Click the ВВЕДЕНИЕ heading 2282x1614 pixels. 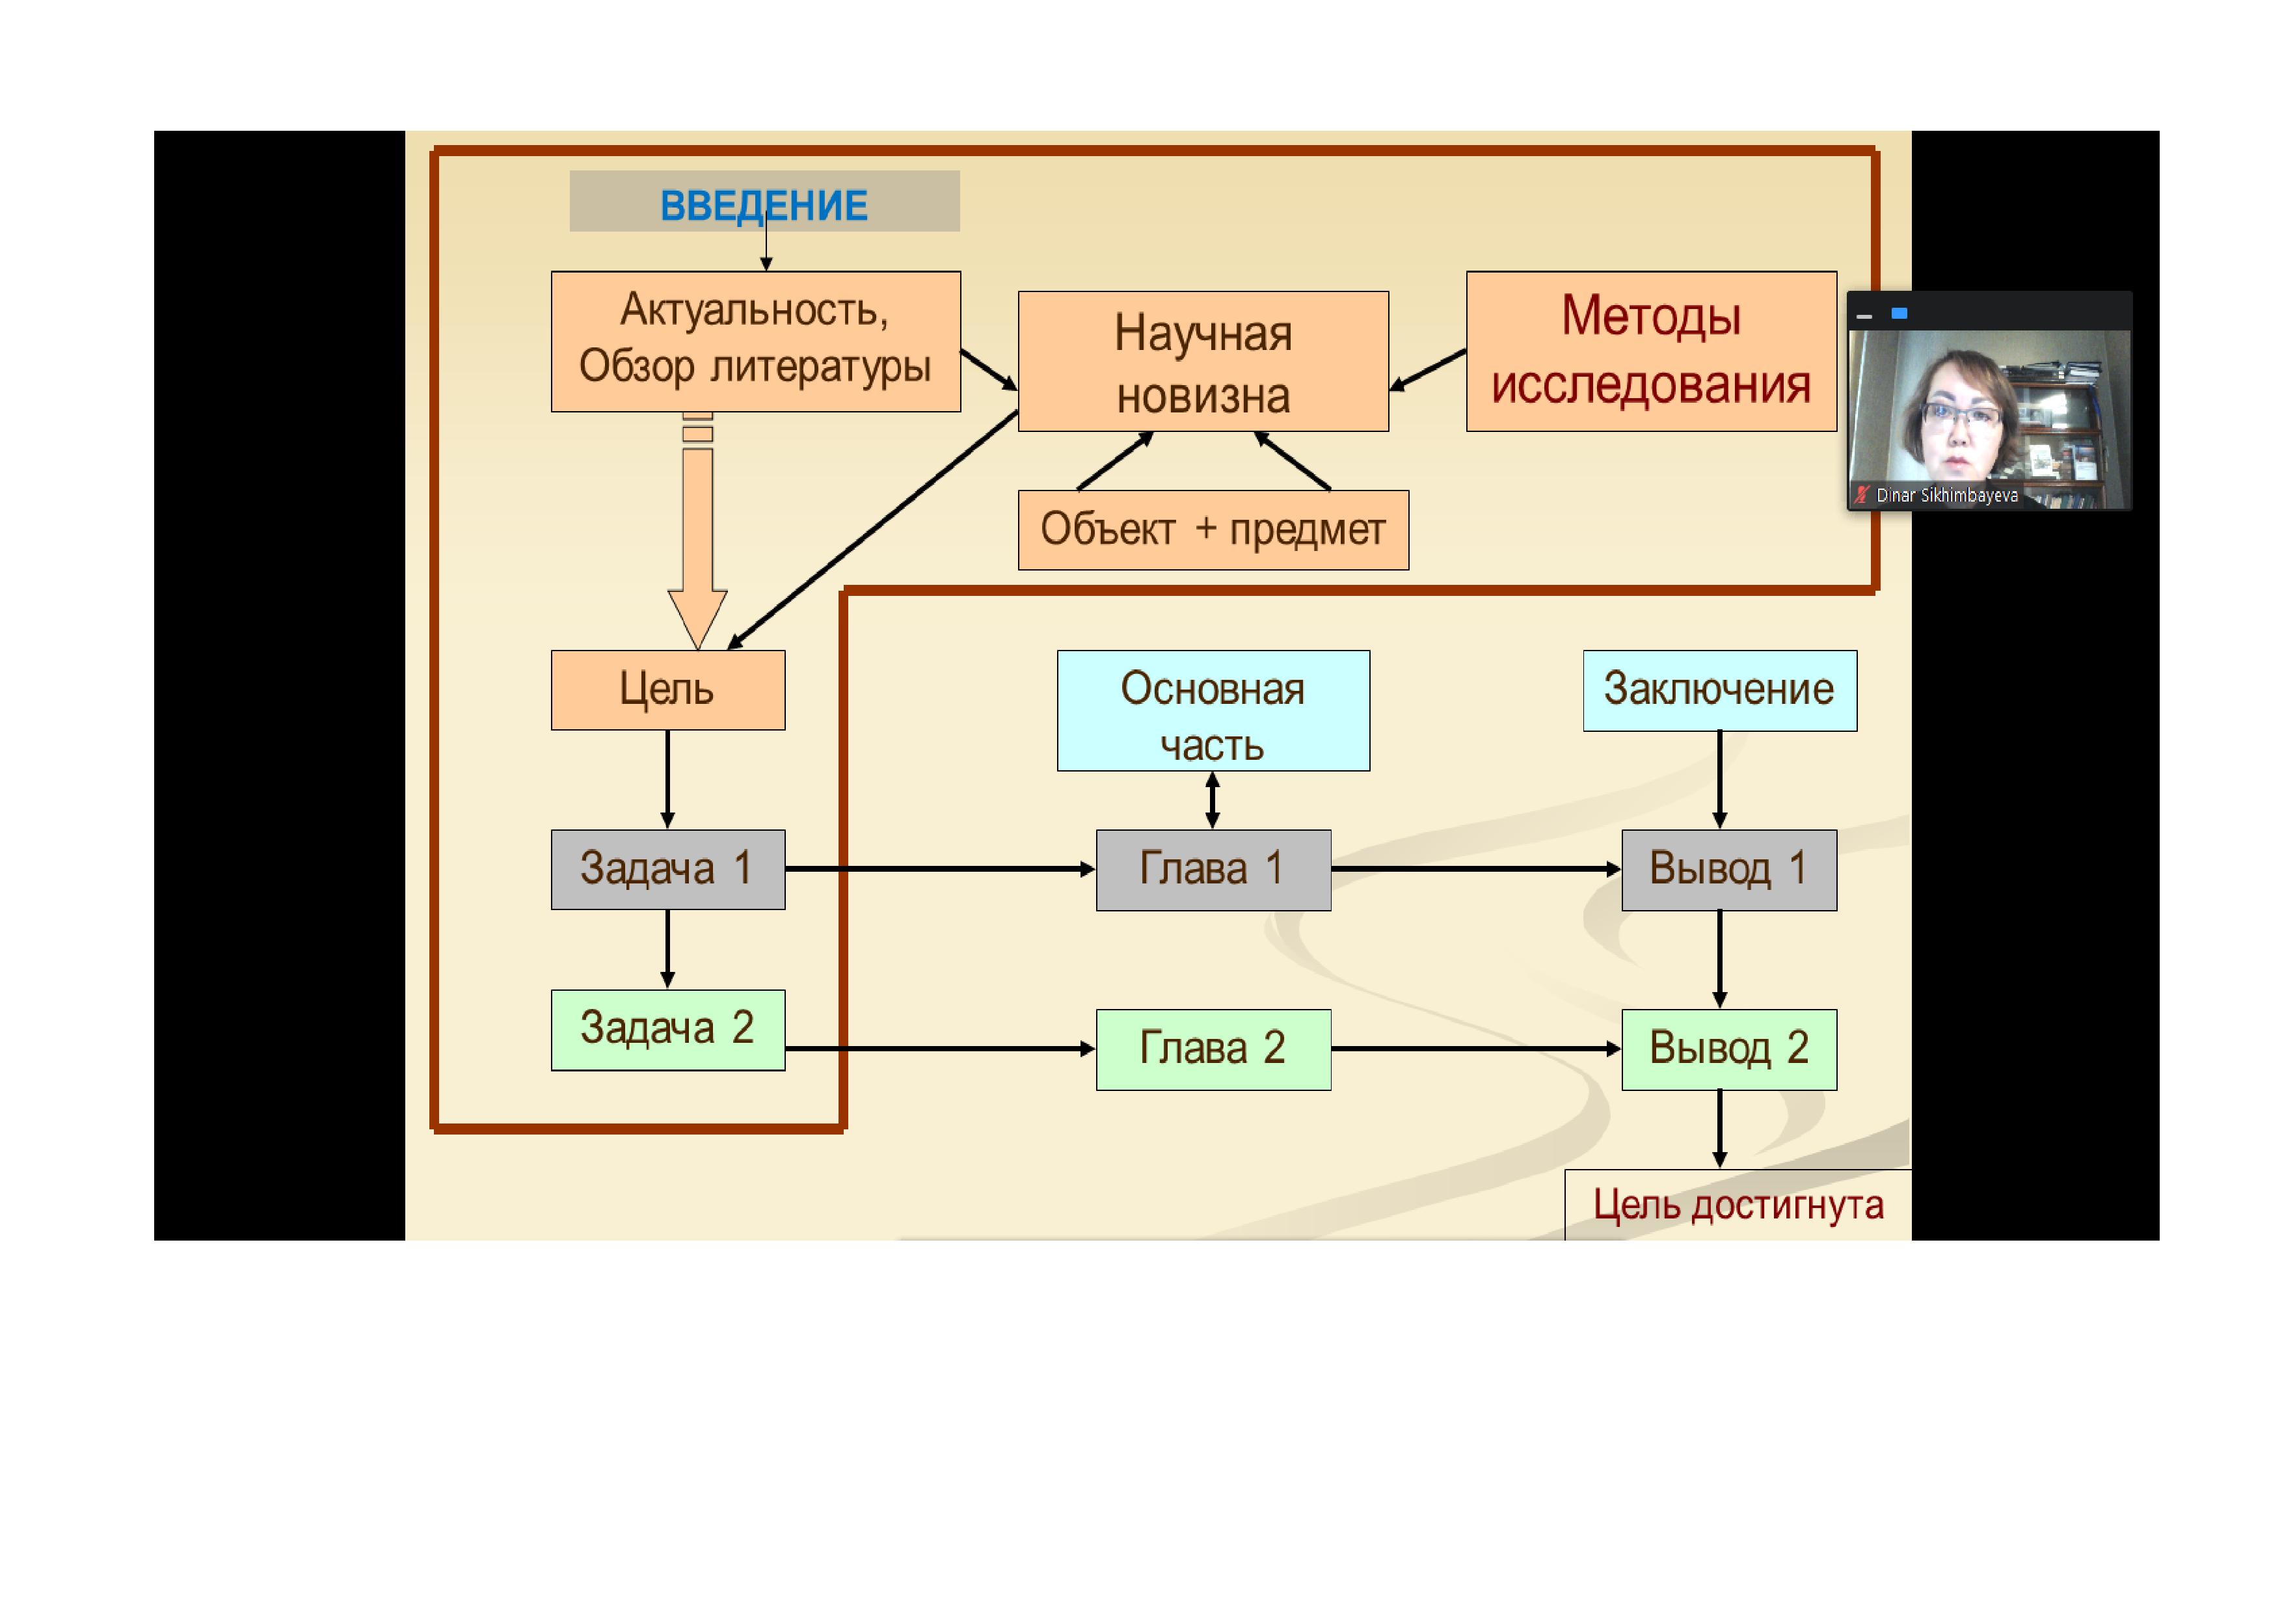pos(763,205)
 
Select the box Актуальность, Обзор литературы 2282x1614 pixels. pos(755,341)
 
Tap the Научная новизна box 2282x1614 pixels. pos(1203,362)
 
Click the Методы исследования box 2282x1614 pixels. pos(1651,351)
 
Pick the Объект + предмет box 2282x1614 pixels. pos(1213,530)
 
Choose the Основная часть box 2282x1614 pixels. pos(1213,710)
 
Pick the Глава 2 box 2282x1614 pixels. pos(1213,1049)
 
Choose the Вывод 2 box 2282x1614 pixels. pos(1728,1049)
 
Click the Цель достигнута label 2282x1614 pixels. pos(1738,1205)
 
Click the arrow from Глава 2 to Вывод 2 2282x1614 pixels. pos(1475,1049)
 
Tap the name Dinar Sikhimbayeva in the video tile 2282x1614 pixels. pos(1946,495)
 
